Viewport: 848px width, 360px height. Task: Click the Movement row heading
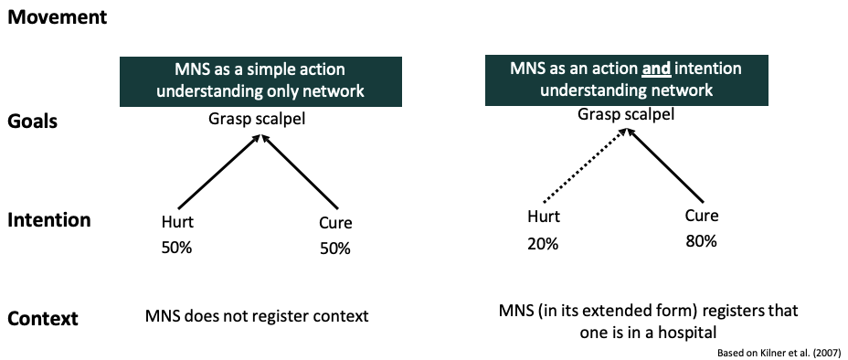click(x=58, y=17)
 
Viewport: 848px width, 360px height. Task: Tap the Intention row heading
click(x=49, y=220)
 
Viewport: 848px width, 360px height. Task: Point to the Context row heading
click(x=42, y=319)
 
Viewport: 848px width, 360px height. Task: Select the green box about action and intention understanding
click(x=625, y=79)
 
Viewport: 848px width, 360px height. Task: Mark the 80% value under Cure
click(x=702, y=242)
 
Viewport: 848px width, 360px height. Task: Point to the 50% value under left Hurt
click(x=177, y=249)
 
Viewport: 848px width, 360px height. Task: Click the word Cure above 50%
click(x=335, y=223)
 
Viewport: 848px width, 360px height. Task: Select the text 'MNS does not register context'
click(x=257, y=317)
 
